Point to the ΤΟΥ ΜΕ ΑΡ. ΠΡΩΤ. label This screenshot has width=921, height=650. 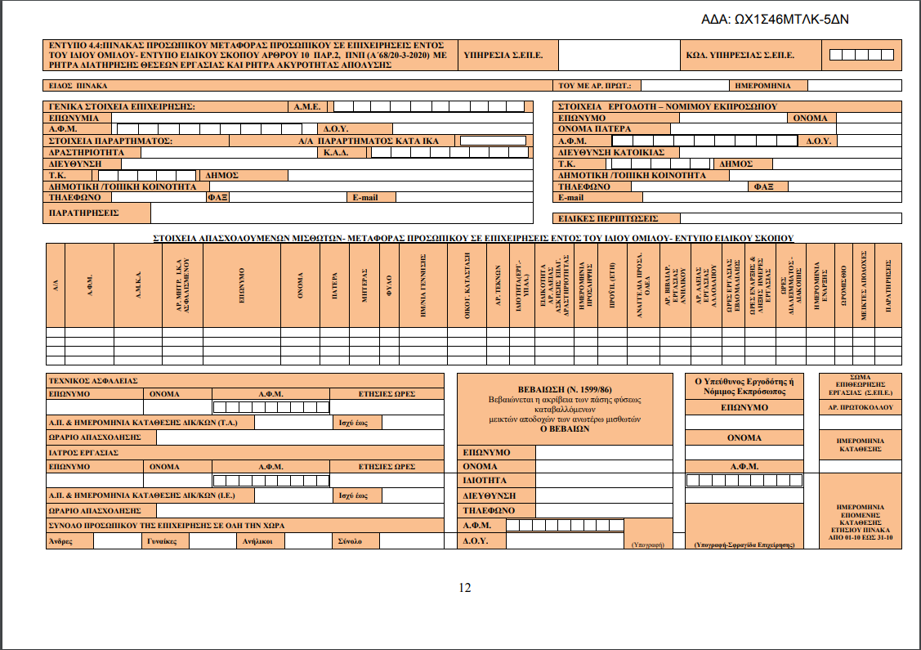click(x=596, y=85)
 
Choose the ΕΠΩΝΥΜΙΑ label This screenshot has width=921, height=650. click(x=74, y=118)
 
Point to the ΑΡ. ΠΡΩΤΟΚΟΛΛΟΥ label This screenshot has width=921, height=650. click(x=861, y=406)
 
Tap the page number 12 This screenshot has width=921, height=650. click(x=464, y=588)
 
